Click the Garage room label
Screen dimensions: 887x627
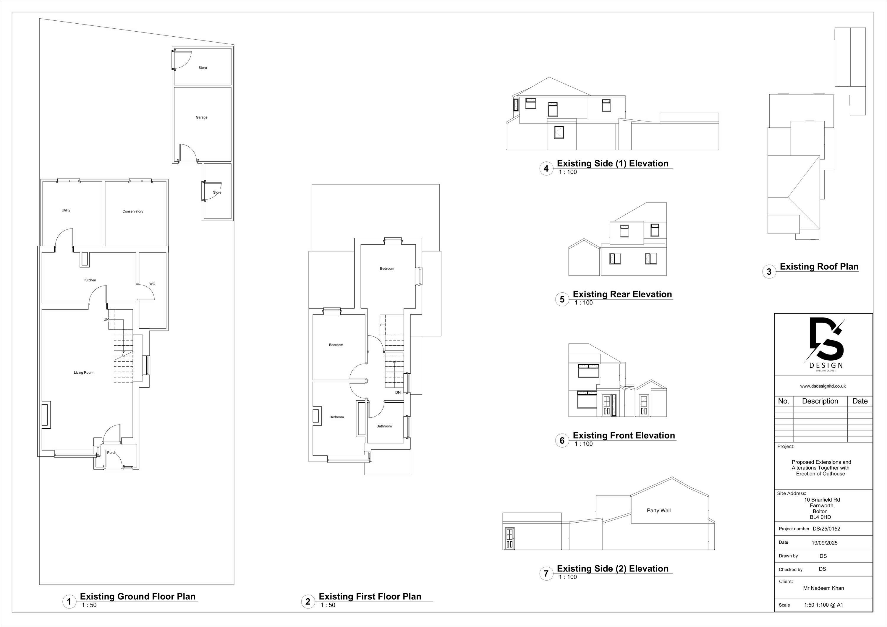tap(202, 117)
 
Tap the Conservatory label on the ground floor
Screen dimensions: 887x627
tap(133, 211)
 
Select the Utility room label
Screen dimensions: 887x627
tap(66, 210)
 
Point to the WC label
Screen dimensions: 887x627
tap(152, 284)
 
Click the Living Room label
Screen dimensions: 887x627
tap(84, 373)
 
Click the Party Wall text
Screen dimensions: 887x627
tap(659, 510)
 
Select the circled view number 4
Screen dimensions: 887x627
tap(546, 169)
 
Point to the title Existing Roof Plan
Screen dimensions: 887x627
tap(819, 267)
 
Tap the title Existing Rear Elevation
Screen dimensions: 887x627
tap(622, 294)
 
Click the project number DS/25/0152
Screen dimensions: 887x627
tap(823, 529)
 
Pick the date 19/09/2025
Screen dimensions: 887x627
tap(824, 543)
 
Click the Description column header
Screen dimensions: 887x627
tap(820, 401)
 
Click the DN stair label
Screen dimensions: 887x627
tap(398, 393)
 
